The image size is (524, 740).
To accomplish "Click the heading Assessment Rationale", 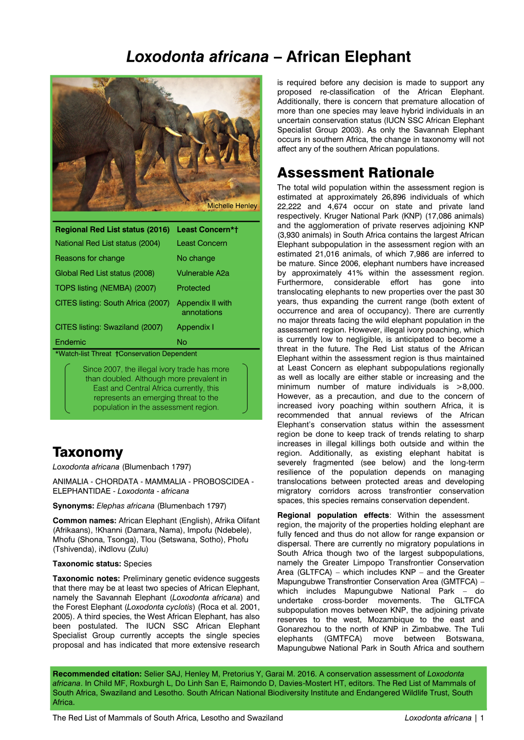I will click(x=355, y=172).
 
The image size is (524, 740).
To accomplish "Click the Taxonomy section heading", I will click(x=88, y=452).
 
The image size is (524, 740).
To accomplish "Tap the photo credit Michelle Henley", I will click(x=232, y=206).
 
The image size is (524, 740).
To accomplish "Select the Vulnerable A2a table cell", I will click(x=203, y=273).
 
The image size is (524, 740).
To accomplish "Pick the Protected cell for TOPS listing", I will click(x=193, y=288).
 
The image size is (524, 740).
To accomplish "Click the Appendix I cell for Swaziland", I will click(x=193, y=327).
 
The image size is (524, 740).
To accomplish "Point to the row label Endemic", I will click(x=70, y=342).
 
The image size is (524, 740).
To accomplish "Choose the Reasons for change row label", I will click(x=90, y=258).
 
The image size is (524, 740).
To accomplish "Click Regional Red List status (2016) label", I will click(x=112, y=229).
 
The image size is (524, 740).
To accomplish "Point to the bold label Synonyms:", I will click(x=73, y=505).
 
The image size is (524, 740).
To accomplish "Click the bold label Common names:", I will click(x=84, y=520).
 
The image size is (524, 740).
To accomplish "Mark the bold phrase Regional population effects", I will click(x=333, y=515).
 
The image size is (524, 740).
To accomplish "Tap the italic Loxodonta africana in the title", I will click(x=197, y=56).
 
